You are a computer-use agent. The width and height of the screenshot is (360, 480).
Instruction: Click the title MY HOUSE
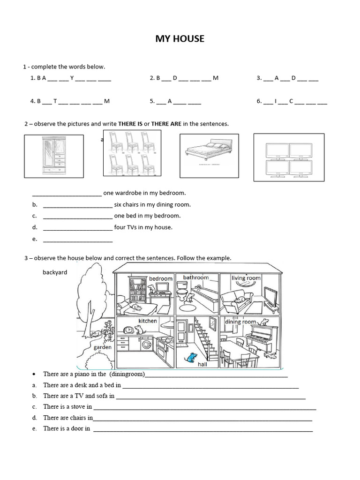[180, 39]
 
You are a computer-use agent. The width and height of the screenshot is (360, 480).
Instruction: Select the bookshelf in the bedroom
[137, 290]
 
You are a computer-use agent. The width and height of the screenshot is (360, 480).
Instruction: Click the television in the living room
[270, 296]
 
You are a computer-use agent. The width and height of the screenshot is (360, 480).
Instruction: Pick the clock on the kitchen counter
[127, 330]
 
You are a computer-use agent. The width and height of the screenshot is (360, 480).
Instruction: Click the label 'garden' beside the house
[103, 347]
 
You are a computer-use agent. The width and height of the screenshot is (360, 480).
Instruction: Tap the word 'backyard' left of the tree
[55, 272]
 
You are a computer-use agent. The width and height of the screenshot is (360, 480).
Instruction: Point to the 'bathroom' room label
[195, 277]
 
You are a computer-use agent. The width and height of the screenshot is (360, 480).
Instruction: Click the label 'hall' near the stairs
[202, 364]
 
